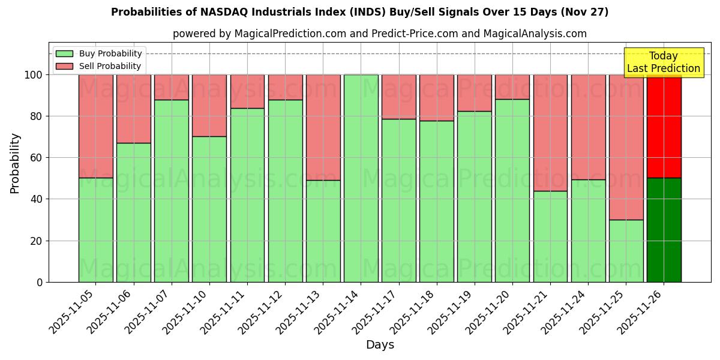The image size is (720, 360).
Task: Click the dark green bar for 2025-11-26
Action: [664, 230]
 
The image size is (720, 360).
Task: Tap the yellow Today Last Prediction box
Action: [664, 62]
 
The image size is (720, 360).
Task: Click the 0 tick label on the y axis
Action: [40, 282]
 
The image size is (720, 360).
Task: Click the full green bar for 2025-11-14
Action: [361, 178]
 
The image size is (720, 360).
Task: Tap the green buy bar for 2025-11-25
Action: [626, 251]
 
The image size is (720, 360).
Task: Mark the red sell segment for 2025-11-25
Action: [626, 147]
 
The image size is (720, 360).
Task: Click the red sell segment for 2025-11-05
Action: [95, 126]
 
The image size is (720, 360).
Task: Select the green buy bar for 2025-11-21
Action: [550, 236]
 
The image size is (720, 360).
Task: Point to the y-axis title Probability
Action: [15, 163]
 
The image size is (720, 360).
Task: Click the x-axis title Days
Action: [380, 345]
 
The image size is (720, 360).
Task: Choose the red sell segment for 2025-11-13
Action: [323, 127]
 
